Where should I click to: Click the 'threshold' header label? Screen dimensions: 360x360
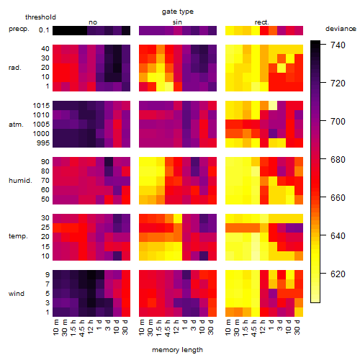40,17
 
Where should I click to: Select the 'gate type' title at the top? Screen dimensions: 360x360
178,12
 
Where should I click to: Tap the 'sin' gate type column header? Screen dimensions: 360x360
177,22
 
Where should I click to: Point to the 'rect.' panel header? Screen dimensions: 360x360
261,22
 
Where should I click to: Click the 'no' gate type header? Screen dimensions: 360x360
93,22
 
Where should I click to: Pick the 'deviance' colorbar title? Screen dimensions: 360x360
341,29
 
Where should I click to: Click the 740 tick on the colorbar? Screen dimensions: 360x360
338,45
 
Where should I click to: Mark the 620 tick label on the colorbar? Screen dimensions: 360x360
338,274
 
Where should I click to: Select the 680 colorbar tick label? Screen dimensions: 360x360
338,159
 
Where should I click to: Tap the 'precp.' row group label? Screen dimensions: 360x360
19,29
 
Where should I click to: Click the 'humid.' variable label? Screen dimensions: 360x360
20,180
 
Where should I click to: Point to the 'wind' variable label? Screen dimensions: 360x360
17,294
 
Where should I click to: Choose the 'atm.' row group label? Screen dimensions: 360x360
16,125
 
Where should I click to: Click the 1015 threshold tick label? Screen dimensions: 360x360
41,106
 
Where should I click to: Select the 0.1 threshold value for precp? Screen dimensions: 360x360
44,30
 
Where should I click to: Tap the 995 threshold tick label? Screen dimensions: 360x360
43,143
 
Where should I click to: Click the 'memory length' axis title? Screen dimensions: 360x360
177,350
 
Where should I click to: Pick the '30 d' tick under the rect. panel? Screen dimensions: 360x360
297,327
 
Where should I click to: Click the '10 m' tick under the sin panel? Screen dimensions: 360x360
142,327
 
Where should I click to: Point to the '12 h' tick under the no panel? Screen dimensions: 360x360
90,327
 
